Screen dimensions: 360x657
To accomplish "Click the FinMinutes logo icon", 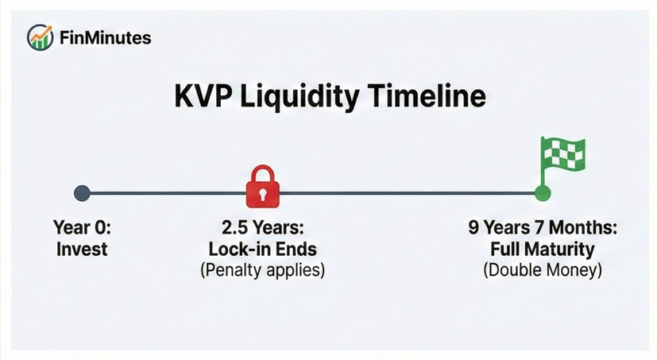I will [x=39, y=37].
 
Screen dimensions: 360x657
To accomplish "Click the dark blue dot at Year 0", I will [x=82, y=192].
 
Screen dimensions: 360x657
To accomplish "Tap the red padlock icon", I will [x=262, y=187].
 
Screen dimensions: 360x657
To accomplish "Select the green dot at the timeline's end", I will [x=543, y=192].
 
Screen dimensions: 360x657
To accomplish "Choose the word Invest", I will [x=83, y=249].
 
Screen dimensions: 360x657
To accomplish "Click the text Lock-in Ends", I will [x=262, y=249].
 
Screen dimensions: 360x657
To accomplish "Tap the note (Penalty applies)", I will [x=262, y=269].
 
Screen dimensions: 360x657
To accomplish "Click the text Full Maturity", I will [x=543, y=249].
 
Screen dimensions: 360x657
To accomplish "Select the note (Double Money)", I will [x=543, y=269].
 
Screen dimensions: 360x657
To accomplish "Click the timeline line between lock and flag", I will [x=405, y=192].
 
